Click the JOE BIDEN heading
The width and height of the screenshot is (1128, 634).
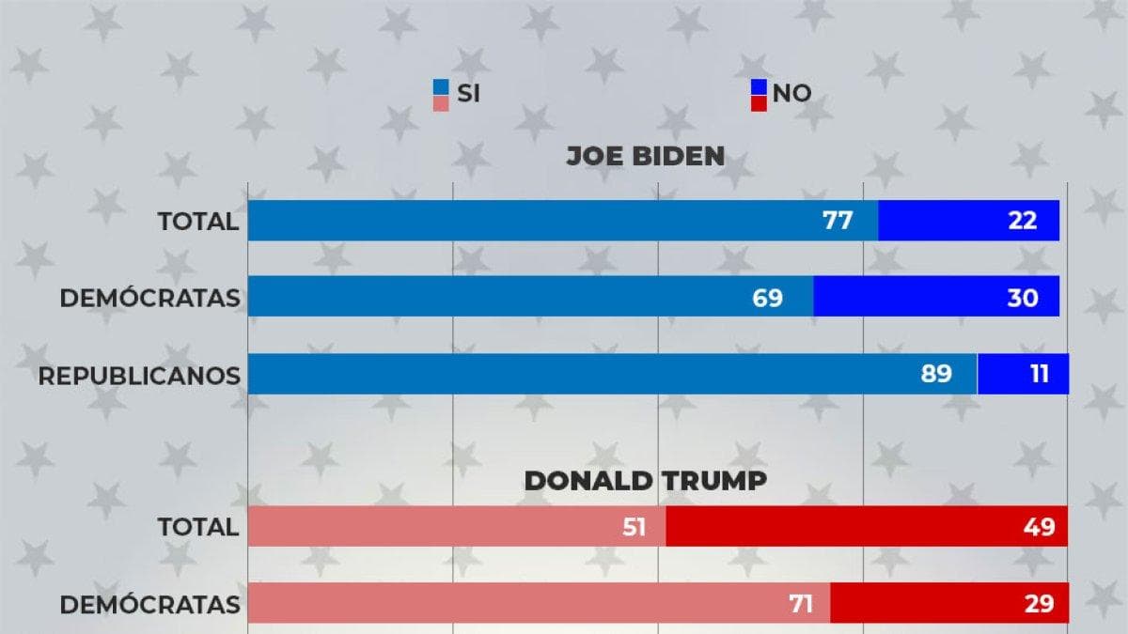[x=646, y=156]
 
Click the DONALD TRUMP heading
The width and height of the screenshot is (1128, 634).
[x=646, y=481]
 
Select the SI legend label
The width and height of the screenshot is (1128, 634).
[x=468, y=94]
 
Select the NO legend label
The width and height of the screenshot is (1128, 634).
[x=791, y=94]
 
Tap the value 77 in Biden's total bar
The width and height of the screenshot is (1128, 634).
[x=838, y=221]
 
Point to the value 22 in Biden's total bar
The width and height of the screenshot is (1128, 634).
[x=1023, y=221]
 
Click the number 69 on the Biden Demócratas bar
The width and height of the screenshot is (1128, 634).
[x=767, y=298]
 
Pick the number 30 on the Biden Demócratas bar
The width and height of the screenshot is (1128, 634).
[x=1023, y=298]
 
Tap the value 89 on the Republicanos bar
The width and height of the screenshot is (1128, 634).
[x=936, y=374]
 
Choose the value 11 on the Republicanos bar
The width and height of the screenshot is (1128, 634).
[x=1040, y=374]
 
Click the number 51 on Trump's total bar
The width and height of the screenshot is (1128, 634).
[x=634, y=527]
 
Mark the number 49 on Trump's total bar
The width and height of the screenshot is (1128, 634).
[x=1039, y=527]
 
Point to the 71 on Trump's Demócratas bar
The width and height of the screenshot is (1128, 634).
[x=801, y=604]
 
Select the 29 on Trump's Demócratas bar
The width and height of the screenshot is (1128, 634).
[x=1039, y=604]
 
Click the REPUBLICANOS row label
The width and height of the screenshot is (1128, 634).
[x=139, y=377]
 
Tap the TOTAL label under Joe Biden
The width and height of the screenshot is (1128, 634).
[x=198, y=222]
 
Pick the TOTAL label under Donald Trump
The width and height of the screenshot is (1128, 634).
[x=198, y=527]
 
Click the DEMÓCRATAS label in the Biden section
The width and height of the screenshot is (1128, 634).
[x=150, y=297]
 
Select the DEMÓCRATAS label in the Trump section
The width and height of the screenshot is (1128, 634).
[x=150, y=604]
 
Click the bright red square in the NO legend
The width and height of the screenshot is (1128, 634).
[x=759, y=103]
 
